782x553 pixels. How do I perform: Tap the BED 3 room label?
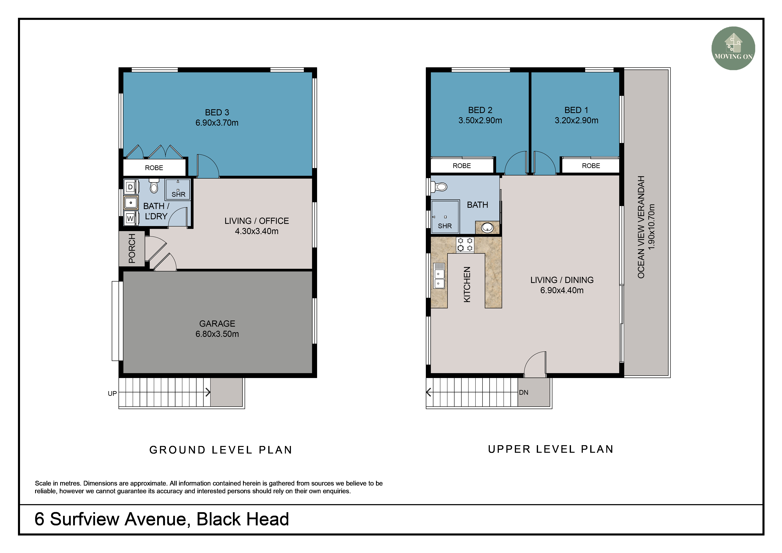pos(217,112)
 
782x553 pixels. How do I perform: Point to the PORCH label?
pos(132,248)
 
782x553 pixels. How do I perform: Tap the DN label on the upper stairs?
pos(524,393)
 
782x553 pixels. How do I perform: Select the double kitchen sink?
pos(439,276)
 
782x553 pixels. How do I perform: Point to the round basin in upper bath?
pos(487,227)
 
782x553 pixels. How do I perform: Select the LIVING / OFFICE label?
pos(256,221)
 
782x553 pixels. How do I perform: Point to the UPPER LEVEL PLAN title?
pos(551,449)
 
